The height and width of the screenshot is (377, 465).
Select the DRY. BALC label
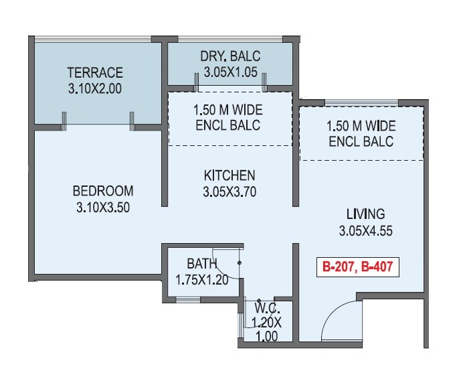click(x=229, y=56)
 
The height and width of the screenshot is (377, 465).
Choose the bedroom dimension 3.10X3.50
click(x=102, y=207)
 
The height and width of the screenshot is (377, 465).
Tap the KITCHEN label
click(x=229, y=176)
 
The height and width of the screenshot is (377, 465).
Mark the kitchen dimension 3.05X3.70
click(x=229, y=192)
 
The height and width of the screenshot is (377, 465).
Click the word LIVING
click(x=365, y=215)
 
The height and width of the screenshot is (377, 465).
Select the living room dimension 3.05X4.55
click(x=365, y=231)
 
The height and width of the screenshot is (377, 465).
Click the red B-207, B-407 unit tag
click(x=357, y=267)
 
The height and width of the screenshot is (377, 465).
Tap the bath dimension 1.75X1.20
click(x=201, y=280)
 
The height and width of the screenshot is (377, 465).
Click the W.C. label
click(x=266, y=309)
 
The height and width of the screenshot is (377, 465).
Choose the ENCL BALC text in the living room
click(x=361, y=141)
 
